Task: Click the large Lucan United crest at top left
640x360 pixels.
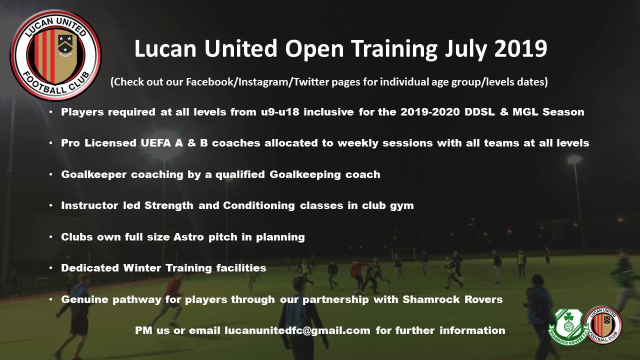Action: tap(55, 55)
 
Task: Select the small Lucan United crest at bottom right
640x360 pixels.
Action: tap(603, 324)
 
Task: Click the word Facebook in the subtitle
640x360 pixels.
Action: tap(210, 82)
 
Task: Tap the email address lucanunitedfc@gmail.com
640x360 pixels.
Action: tap(297, 331)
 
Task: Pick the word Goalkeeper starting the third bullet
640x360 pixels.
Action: tap(93, 174)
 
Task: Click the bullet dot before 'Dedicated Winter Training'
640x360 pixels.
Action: tap(51, 268)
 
